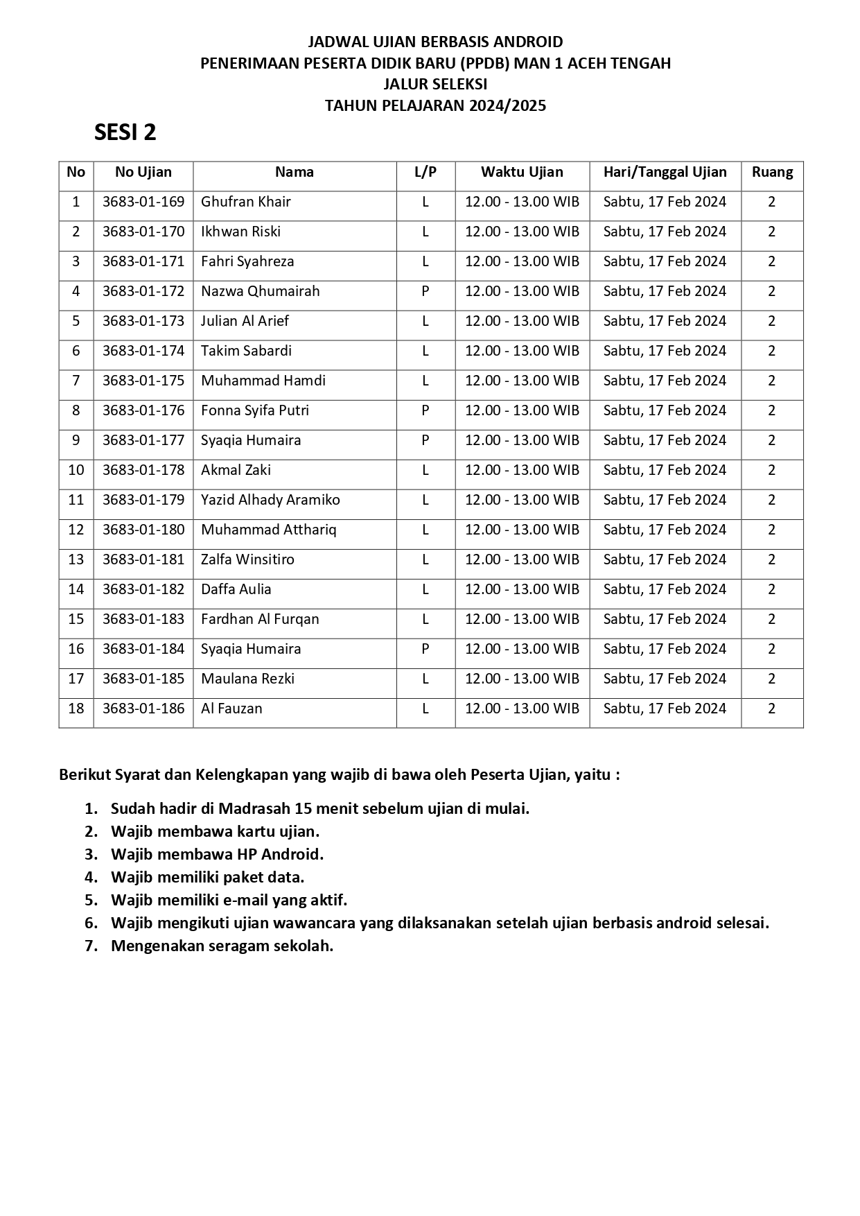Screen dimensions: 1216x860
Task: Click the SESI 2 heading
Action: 125,132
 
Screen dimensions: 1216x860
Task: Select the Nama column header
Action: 294,172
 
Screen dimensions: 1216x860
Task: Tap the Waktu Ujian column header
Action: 522,172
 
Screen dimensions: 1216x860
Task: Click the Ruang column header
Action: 772,172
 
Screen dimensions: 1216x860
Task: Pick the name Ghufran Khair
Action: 245,202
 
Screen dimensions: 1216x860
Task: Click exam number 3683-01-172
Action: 143,291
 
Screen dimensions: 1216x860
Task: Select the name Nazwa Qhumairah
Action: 260,291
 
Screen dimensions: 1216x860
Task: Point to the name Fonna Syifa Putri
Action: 255,410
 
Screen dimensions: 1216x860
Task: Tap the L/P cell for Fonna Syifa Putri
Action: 425,410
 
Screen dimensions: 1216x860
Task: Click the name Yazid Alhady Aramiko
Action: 270,500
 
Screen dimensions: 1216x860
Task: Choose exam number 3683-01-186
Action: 143,709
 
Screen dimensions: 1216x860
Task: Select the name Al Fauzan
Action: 231,709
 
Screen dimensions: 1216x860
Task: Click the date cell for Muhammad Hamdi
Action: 665,381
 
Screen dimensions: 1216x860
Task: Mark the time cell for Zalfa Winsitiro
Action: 522,559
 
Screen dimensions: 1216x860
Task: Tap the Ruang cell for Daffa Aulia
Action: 772,589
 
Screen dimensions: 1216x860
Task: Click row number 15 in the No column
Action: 76,619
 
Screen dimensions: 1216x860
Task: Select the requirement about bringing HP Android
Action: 217,854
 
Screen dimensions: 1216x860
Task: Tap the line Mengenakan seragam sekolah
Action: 222,946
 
